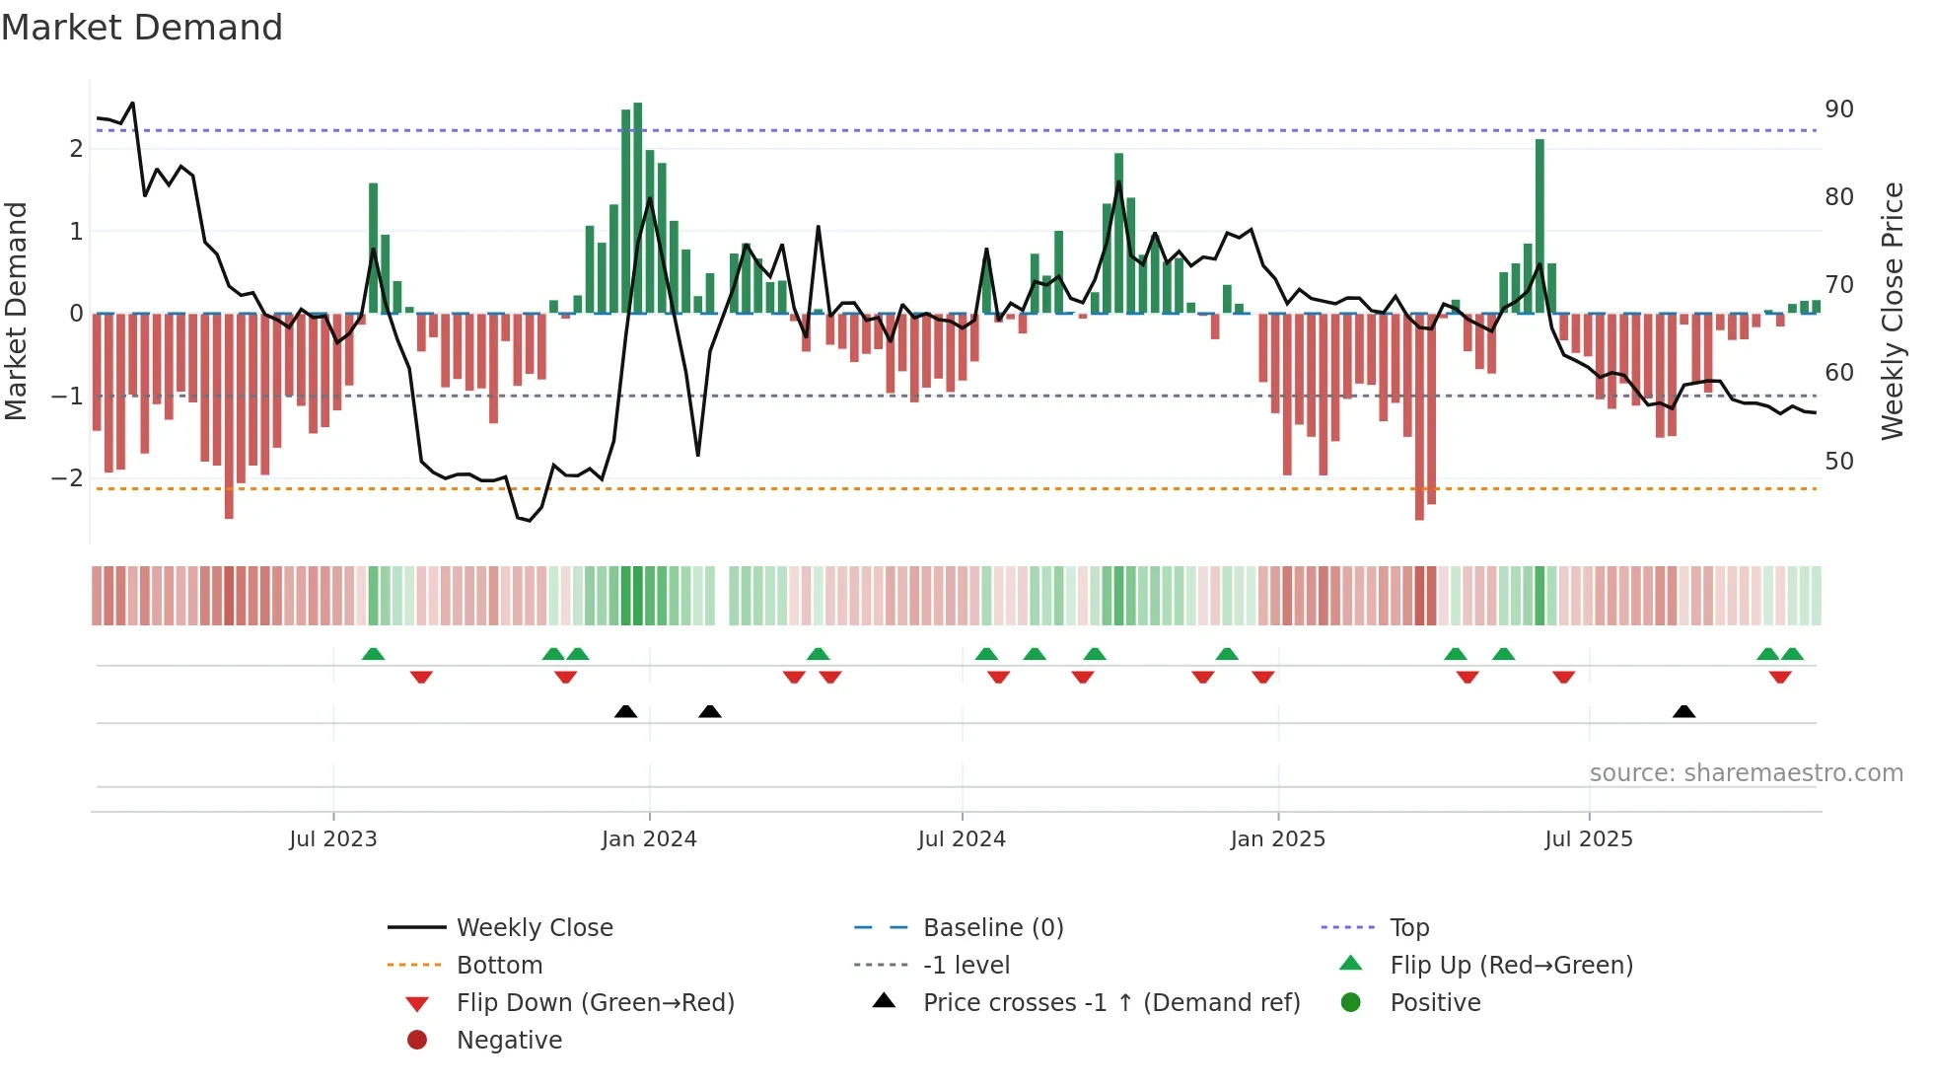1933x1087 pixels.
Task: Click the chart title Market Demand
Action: [142, 28]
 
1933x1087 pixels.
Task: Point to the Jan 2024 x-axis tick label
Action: [649, 839]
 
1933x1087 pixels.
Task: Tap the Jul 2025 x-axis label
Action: [1588, 839]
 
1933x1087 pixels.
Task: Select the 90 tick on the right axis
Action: [1838, 109]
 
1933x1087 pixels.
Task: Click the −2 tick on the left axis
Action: [67, 478]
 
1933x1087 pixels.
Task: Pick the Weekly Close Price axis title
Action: [1892, 311]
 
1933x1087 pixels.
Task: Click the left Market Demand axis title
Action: [16, 311]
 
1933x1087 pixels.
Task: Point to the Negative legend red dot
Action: [417, 1041]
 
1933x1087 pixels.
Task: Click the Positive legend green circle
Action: [1351, 1003]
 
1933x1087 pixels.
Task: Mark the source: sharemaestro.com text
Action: [1746, 773]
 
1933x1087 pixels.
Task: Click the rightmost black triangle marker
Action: [1683, 712]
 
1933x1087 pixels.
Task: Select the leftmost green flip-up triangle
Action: [373, 654]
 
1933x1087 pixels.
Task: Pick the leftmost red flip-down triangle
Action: [421, 677]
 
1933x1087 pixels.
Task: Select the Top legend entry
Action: [1408, 928]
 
